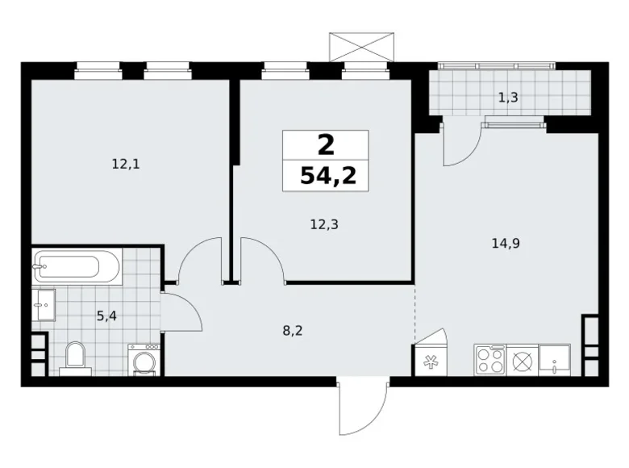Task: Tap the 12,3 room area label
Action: click(324, 225)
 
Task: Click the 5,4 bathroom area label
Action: click(106, 315)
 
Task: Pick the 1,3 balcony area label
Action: click(507, 98)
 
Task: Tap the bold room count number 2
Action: click(326, 145)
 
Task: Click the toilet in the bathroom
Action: click(76, 356)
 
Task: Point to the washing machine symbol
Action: click(144, 360)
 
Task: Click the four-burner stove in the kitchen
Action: click(489, 359)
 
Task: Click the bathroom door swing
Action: click(182, 311)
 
